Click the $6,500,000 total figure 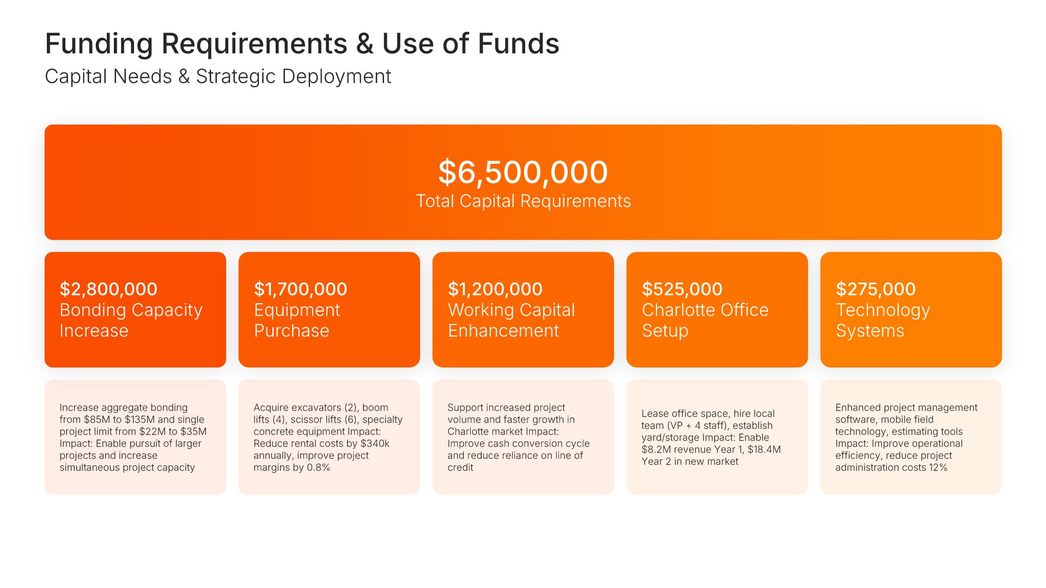pyautogui.click(x=523, y=173)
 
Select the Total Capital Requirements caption pyautogui.click(x=524, y=201)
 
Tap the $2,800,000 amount pyautogui.click(x=108, y=289)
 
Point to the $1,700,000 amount pyautogui.click(x=300, y=289)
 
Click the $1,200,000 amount pyautogui.click(x=495, y=289)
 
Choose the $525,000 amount pyautogui.click(x=682, y=289)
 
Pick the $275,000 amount pyautogui.click(x=875, y=289)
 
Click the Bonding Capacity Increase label pyautogui.click(x=131, y=320)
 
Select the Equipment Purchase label pyautogui.click(x=297, y=320)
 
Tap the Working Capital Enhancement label pyautogui.click(x=511, y=320)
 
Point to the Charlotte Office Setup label pyautogui.click(x=705, y=320)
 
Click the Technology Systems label pyautogui.click(x=883, y=320)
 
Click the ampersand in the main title pyautogui.click(x=364, y=44)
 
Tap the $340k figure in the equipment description pyautogui.click(x=375, y=444)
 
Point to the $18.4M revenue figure pyautogui.click(x=764, y=450)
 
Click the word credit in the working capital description pyautogui.click(x=460, y=468)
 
